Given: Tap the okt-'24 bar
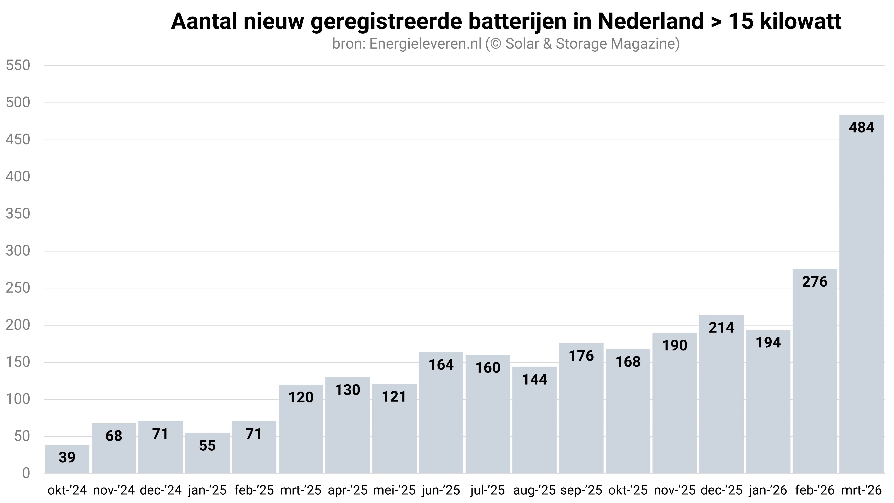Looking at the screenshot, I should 67,459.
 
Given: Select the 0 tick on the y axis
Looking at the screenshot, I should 26,473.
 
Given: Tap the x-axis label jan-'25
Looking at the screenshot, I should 207,490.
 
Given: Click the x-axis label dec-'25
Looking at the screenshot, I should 721,490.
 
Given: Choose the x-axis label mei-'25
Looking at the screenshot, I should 394,490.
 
